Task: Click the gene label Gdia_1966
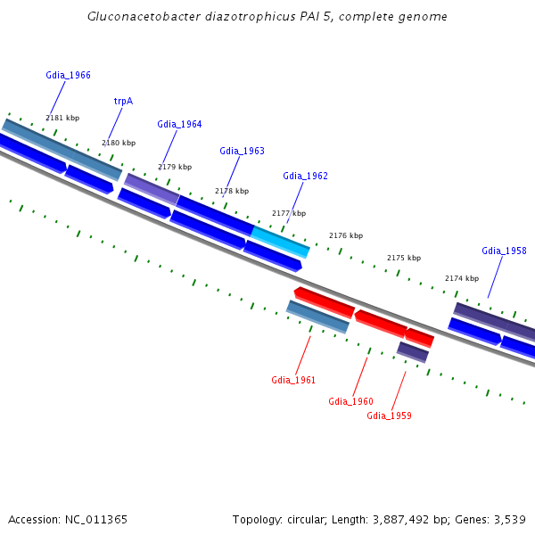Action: click(x=68, y=76)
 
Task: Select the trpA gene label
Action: click(x=123, y=101)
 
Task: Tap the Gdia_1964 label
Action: click(x=179, y=124)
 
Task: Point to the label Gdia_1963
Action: click(x=242, y=151)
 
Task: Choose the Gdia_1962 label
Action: click(x=305, y=176)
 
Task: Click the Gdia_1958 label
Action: click(x=504, y=251)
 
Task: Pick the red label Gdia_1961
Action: click(x=293, y=380)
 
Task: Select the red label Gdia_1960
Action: click(x=350, y=401)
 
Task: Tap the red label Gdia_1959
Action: click(x=389, y=416)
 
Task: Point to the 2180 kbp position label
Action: click(x=119, y=143)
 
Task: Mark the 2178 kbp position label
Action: click(x=232, y=191)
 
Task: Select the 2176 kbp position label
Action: click(x=346, y=235)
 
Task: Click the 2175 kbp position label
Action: click(x=403, y=258)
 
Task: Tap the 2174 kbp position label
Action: click(x=462, y=278)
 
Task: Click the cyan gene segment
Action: click(x=280, y=242)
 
